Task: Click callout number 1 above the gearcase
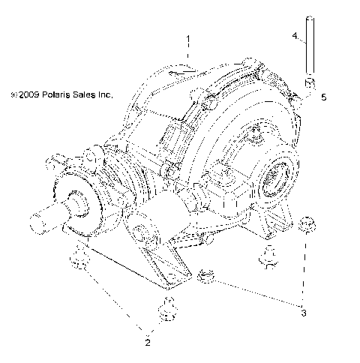click(189, 38)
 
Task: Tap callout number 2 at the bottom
click(148, 343)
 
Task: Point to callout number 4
click(295, 35)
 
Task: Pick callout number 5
click(323, 97)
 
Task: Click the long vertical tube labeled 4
click(308, 52)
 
